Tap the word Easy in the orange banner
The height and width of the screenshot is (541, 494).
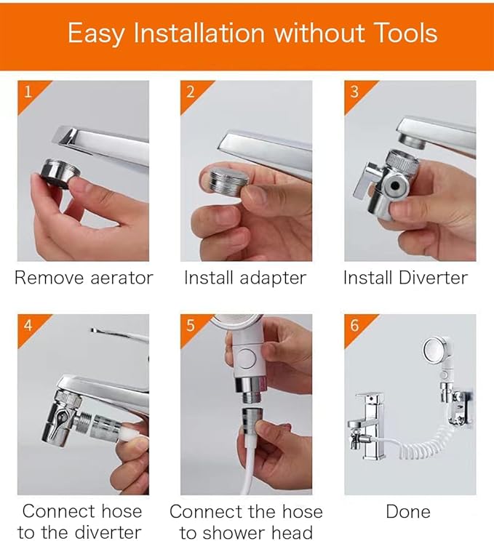click(x=96, y=34)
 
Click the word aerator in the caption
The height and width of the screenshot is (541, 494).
click(x=121, y=278)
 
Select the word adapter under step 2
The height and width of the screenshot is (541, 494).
click(x=273, y=278)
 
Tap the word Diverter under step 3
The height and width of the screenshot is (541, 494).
click(x=433, y=278)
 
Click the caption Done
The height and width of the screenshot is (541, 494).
click(x=408, y=511)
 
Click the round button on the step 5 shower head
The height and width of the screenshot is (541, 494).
click(x=247, y=358)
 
